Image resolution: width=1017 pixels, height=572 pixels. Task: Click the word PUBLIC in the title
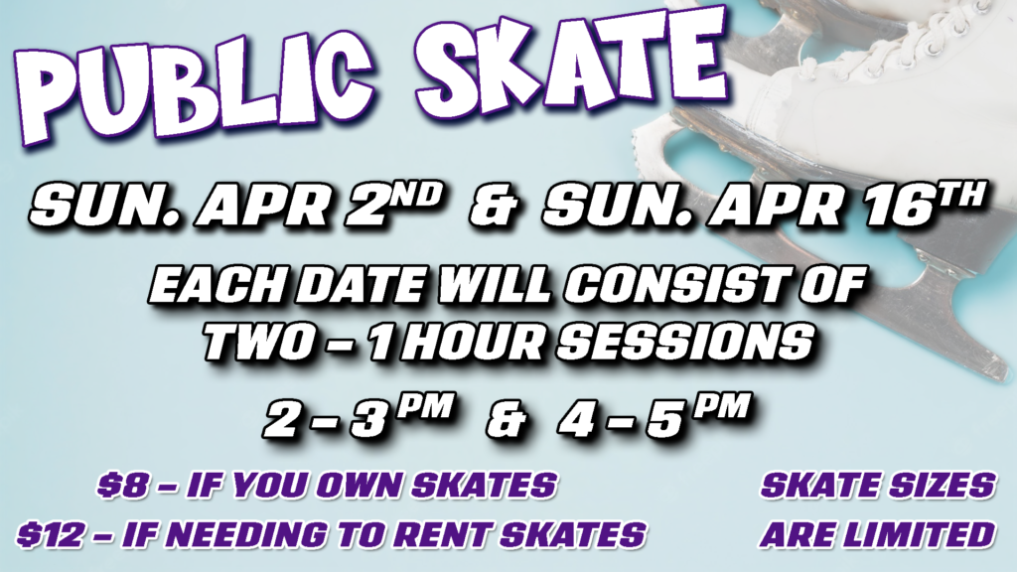coord(194,84)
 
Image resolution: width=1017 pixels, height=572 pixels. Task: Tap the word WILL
coord(494,285)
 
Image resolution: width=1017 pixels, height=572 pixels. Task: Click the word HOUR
coord(474,342)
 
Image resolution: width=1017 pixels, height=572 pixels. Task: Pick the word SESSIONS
coord(685,342)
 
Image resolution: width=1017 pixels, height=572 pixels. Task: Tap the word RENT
coord(442,534)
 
